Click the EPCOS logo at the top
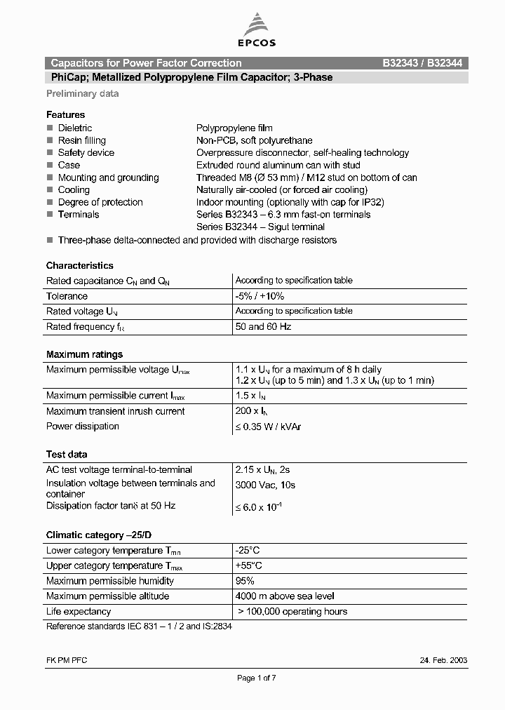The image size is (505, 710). point(259,32)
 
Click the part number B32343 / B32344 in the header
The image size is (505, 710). point(422,63)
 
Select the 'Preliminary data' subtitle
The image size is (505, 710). point(83,94)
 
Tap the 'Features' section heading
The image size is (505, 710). point(65,114)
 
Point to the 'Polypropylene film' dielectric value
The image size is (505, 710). point(234,128)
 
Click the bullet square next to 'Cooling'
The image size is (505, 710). point(50,190)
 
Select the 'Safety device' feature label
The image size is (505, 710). point(86,153)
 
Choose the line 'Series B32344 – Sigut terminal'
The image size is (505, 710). point(260,227)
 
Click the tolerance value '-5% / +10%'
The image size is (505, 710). point(260,296)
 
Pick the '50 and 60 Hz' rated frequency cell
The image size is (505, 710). point(263,327)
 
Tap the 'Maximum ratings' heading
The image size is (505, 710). point(84,354)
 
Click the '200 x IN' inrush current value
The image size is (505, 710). point(253,411)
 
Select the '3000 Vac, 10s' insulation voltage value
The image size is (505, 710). point(265,485)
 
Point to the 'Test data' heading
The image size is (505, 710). point(67,455)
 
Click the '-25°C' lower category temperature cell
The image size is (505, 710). point(248,551)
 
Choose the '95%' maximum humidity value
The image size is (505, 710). point(245,581)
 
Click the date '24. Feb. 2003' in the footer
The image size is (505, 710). point(444,660)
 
